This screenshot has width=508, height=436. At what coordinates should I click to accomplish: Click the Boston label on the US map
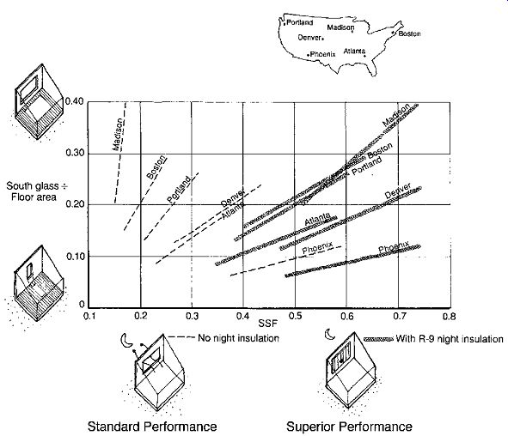pos(409,33)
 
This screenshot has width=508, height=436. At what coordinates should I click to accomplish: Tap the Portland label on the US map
pos(300,22)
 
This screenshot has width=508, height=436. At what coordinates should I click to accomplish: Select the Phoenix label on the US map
pos(322,54)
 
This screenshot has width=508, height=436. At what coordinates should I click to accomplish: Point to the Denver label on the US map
pos(309,38)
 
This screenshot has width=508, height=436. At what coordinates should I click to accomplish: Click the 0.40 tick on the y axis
pos(75,101)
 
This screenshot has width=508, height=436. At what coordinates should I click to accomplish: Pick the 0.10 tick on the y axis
pos(75,256)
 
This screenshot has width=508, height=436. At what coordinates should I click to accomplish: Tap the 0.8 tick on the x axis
pos(449,316)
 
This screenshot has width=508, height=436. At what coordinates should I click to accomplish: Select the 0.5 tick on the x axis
pos(295,316)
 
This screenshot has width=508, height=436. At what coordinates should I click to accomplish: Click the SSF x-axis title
pos(268,323)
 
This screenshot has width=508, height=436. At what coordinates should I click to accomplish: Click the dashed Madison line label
pos(118,135)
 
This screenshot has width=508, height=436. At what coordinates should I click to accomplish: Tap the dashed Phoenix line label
pos(317,248)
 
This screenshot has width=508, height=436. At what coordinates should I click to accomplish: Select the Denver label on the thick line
pos(398,191)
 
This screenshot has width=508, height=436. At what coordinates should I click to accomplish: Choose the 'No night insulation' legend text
pos(238,338)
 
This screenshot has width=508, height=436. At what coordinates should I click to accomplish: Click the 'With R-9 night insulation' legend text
pos(450,339)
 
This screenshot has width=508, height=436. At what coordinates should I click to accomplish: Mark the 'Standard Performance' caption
pos(152,427)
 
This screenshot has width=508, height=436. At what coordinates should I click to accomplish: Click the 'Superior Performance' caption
pos(349,427)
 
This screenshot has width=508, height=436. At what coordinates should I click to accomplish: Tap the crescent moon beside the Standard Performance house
pos(125,340)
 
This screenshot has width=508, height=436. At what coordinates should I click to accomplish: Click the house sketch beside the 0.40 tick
pos(39,101)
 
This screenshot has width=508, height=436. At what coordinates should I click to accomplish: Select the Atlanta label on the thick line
pos(317,219)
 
